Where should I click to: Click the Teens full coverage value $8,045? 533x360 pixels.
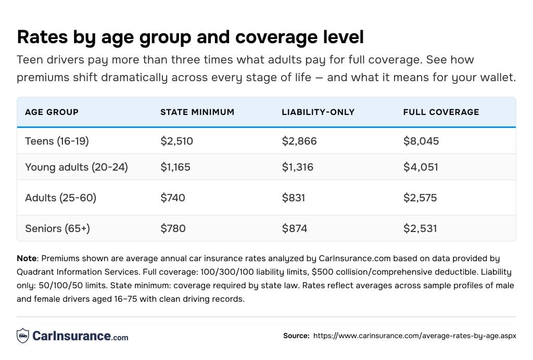coord(421,141)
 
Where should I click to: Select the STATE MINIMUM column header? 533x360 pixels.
coord(197,112)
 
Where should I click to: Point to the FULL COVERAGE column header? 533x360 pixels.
coord(441,112)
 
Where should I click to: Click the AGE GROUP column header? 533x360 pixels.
coord(52,112)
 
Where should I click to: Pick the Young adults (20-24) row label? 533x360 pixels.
coord(76,167)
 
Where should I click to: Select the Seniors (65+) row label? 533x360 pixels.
coord(57,228)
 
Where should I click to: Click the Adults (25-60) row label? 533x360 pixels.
coord(60,198)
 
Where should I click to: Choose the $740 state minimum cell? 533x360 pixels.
coord(173,198)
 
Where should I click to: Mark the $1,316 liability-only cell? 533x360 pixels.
coord(299,167)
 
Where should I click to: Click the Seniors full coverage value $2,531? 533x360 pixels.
coord(420,228)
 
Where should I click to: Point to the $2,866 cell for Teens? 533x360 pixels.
coord(299,141)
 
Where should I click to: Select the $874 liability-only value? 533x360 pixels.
coord(294,228)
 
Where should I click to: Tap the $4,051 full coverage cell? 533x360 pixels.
coord(421,167)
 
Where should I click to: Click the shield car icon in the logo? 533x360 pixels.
coord(22,336)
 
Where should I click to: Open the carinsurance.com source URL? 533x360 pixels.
coord(414,336)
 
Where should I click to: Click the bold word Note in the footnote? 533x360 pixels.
coord(27,259)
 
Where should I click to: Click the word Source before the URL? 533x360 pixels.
coord(296,336)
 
